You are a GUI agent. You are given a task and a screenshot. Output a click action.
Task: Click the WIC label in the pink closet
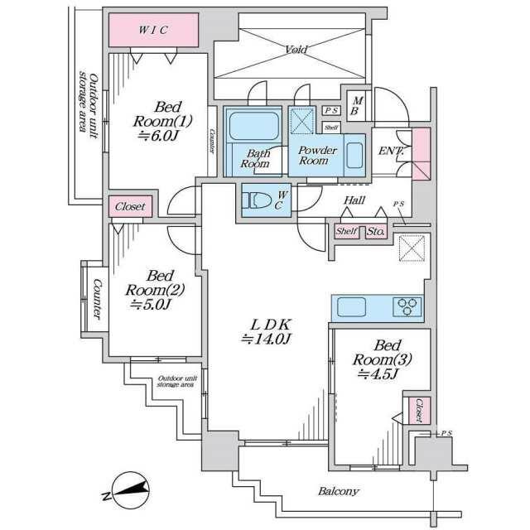153,31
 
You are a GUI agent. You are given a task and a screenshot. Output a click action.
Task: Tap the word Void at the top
296,50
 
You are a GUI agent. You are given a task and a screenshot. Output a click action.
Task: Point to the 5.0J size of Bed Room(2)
150,304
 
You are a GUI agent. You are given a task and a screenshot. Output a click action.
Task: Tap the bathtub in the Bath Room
253,128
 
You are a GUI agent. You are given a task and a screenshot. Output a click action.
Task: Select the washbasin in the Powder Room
354,155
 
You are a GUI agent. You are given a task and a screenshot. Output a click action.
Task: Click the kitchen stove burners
407,306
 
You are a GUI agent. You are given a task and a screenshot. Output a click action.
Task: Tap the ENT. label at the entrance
391,151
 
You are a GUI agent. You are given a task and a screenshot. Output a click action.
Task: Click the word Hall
354,200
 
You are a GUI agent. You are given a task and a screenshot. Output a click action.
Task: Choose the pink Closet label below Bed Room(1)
130,207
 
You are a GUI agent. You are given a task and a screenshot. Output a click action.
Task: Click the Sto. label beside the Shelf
375,232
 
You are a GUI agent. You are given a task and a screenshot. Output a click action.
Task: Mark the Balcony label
339,491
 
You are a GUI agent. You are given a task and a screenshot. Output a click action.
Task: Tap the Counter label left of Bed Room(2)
97,297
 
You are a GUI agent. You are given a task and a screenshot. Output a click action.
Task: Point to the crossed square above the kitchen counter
412,248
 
